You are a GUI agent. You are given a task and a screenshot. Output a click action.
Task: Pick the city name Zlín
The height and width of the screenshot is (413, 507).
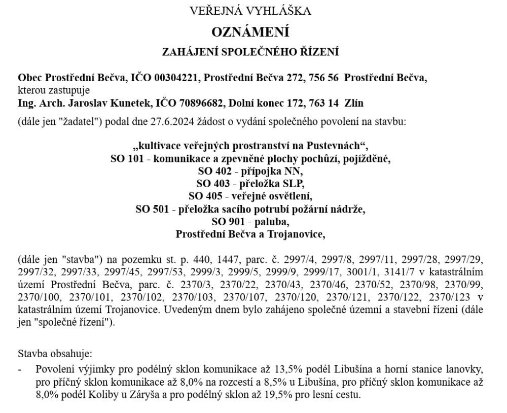(x=353, y=103)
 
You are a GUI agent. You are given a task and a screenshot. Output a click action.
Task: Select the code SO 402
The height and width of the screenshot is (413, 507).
(x=213, y=171)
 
